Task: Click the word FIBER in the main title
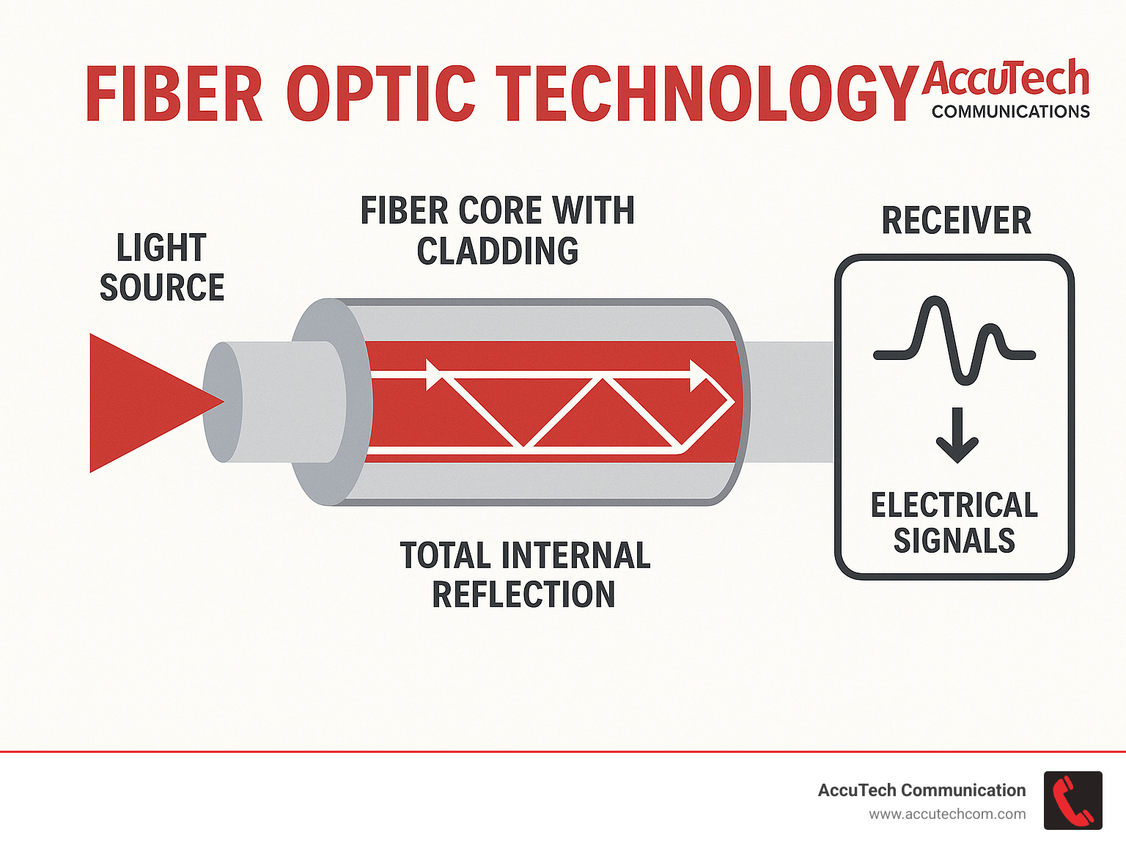pos(174,94)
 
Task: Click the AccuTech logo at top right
pos(1005,78)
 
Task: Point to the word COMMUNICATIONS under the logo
pos(1010,112)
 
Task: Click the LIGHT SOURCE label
pos(162,268)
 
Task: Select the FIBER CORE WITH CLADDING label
pos(497,230)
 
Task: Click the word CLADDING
pos(497,251)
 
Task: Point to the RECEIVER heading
pos(956,221)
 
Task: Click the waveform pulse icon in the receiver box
pos(954,341)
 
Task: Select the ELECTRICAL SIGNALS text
pos(954,523)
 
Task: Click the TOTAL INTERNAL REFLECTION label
pos(525,575)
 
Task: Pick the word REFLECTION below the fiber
pos(523,595)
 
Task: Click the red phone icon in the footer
pos(1072,801)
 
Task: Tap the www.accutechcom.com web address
pos(947,814)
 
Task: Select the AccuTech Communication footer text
pos(921,790)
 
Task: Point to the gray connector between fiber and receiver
pos(792,402)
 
